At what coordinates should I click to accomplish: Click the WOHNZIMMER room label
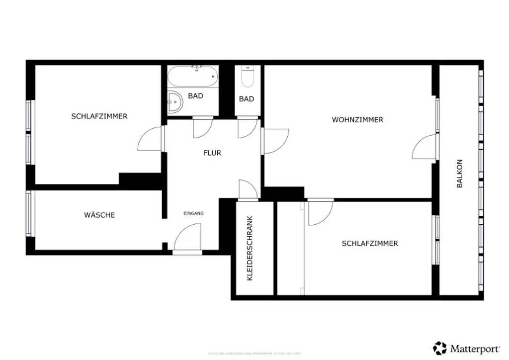pos(357,120)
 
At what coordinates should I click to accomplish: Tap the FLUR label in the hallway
pos(212,153)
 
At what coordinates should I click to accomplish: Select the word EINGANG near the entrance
pos(193,213)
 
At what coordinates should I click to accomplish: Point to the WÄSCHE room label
pos(99,215)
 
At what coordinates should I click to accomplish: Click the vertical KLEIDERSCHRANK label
pos(250,248)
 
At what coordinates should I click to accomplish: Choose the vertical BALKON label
pos(460,174)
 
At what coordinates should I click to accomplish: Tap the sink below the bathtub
pos(175,103)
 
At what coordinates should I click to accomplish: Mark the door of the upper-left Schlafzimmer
pos(151,139)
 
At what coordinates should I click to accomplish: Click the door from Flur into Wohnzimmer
pos(275,141)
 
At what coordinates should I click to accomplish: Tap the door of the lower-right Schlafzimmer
pos(320,212)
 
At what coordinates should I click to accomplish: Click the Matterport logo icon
pos(440,348)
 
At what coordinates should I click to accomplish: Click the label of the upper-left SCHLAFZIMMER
pos(99,116)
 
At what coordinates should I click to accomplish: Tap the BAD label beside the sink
pos(195,96)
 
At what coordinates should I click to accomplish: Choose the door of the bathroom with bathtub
pos(203,127)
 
